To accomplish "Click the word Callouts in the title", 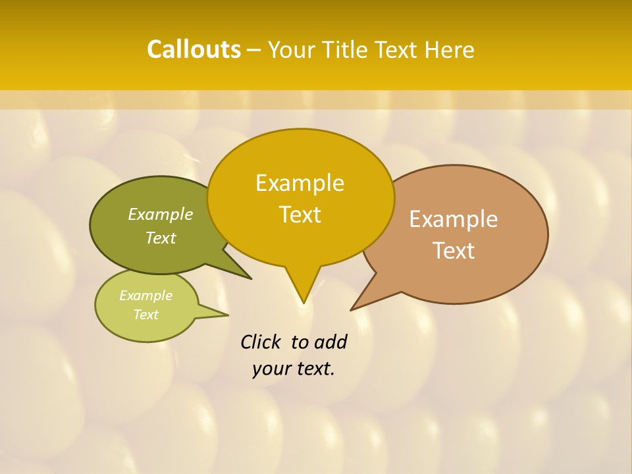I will [x=194, y=49].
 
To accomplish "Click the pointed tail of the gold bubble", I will [x=303, y=290].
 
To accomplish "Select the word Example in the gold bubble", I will [x=300, y=183].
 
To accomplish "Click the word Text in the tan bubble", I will [x=454, y=251].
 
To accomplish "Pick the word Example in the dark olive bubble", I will [x=161, y=215].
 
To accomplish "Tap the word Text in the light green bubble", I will [x=146, y=315].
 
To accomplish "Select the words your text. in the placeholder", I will [x=294, y=369].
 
